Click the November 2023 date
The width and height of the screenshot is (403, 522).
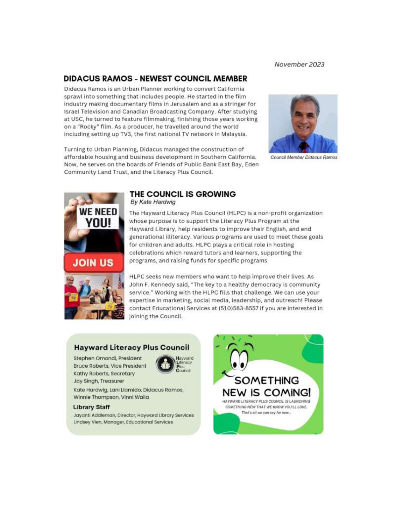[x=299, y=65]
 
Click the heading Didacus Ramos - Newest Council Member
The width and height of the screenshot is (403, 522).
[x=155, y=79]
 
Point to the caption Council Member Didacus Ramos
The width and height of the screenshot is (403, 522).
[x=303, y=158]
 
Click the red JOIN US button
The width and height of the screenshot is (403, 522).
[x=94, y=263]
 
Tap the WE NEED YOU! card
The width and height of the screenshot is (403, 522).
[x=98, y=217]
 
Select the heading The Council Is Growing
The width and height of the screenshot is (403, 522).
[x=182, y=194]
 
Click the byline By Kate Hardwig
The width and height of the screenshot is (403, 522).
[x=153, y=202]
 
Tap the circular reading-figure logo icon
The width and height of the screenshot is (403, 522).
[x=165, y=365]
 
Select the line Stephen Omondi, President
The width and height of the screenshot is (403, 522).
[x=107, y=358]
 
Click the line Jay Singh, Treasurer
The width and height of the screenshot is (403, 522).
[x=99, y=381]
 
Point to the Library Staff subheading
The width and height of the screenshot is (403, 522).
[x=91, y=407]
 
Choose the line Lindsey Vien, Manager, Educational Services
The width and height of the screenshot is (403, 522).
[x=123, y=422]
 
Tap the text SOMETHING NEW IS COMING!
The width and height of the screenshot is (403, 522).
[x=266, y=386]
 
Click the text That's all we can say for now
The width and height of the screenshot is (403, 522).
[x=266, y=413]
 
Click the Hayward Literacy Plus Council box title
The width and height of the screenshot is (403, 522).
[x=131, y=347]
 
